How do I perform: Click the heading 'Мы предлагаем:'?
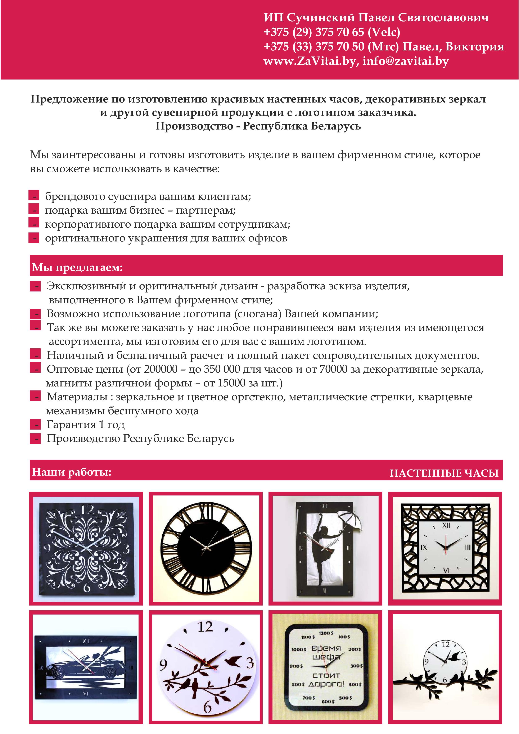click(77, 267)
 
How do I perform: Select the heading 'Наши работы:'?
click(72, 472)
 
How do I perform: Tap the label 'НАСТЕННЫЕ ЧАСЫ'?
click(444, 473)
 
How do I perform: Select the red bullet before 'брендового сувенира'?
click(34, 195)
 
